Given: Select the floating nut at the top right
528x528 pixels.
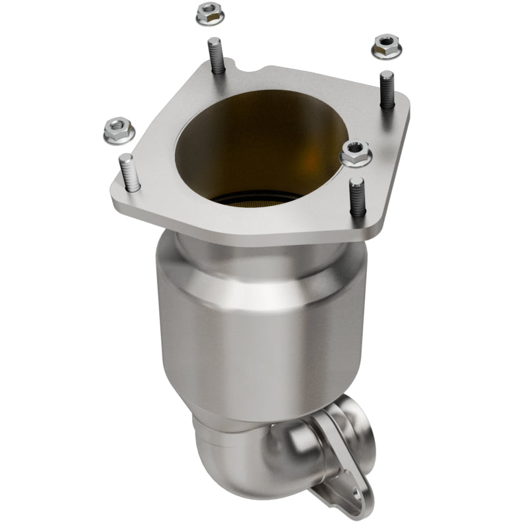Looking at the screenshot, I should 387,46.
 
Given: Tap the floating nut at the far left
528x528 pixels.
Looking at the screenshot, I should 119,130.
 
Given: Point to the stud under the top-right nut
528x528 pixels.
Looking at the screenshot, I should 387,89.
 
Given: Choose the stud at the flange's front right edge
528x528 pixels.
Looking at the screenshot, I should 358,197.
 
